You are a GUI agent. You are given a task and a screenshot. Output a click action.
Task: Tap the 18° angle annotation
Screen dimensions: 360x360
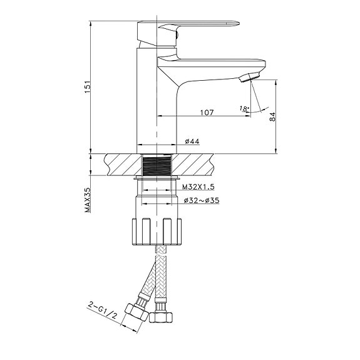pos(244,109)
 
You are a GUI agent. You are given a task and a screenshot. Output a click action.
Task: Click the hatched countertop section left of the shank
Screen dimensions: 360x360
pos(122,165)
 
